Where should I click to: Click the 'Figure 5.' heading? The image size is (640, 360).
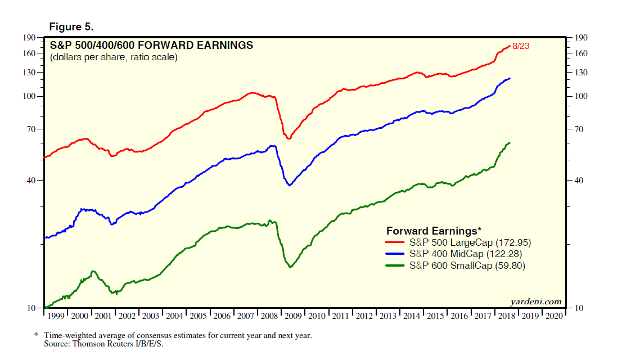tap(71, 27)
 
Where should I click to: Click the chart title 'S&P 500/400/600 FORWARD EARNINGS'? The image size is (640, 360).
tap(151, 46)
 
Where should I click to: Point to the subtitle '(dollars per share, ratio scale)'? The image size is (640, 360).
tap(113, 57)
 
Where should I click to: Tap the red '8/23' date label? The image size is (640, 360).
tap(521, 46)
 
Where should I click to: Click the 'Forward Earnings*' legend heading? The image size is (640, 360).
tap(434, 231)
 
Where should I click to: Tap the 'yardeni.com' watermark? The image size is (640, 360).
tap(536, 301)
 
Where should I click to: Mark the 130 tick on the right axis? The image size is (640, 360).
tap(580, 73)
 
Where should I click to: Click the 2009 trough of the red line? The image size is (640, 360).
tap(289, 138)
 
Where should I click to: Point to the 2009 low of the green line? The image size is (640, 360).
tap(290, 267)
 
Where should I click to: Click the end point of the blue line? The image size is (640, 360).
tap(510, 78)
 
